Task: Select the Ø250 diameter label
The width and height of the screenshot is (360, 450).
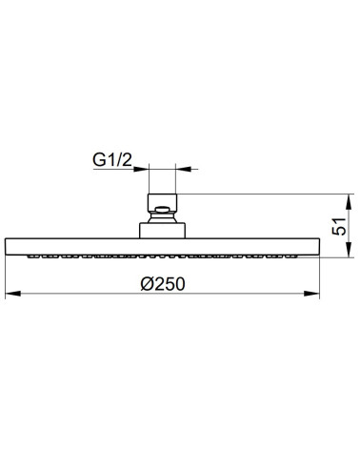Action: coord(162,283)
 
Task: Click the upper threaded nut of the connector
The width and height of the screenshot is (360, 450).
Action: coord(162,204)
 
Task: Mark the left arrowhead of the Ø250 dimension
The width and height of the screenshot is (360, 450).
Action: coord(10,293)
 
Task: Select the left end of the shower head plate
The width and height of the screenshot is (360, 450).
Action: coord(9,245)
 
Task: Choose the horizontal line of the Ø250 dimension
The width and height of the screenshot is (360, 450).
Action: coord(95,293)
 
